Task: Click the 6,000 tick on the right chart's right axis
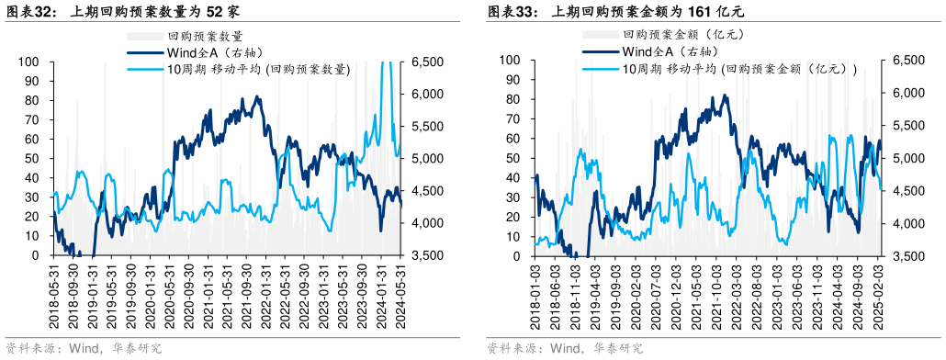908,93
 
